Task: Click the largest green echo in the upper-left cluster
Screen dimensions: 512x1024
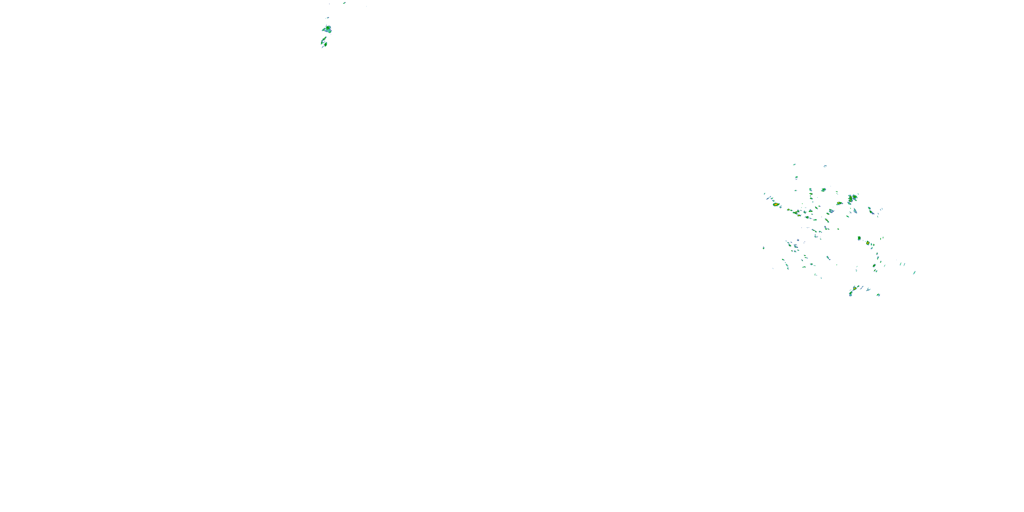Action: click(327, 29)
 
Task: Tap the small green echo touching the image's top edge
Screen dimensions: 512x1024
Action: click(344, 3)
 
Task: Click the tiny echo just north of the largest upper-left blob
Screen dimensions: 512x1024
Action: click(327, 18)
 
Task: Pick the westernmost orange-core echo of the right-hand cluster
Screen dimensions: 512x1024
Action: click(776, 204)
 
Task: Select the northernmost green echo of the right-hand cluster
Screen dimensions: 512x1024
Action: click(794, 164)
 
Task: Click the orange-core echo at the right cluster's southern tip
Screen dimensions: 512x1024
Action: click(854, 288)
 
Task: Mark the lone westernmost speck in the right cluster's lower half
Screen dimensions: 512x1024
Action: click(764, 248)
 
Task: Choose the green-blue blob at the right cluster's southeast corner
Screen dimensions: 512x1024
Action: click(879, 295)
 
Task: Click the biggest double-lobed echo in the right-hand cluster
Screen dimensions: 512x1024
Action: click(852, 198)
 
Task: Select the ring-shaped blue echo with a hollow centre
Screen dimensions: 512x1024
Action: click(831, 211)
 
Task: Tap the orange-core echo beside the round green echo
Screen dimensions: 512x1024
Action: click(868, 243)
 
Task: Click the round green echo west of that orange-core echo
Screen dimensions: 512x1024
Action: click(859, 238)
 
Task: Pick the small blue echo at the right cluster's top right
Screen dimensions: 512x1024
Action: click(825, 166)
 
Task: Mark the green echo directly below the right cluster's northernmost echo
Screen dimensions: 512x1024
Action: click(797, 177)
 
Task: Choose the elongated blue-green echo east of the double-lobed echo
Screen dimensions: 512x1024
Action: click(870, 210)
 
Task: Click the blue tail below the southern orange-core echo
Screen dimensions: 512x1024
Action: click(851, 294)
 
